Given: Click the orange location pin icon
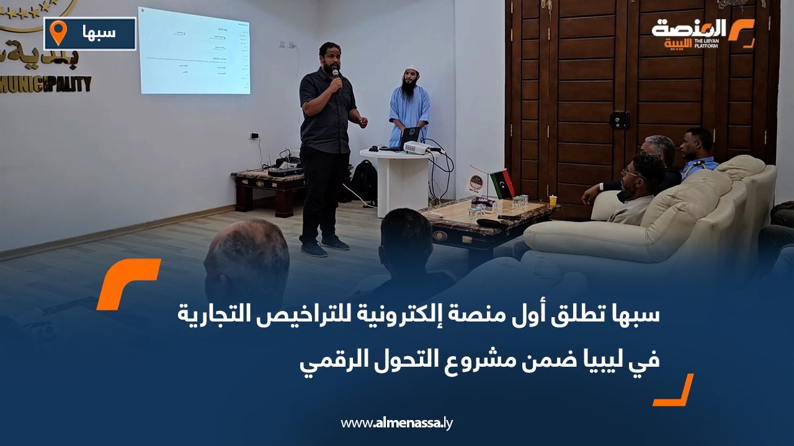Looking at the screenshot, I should point(58,32).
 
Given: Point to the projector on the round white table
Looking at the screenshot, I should point(416,147).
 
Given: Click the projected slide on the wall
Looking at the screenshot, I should point(194,51).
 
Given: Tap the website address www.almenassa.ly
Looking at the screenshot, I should point(397,423).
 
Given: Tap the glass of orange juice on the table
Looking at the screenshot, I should point(553,201).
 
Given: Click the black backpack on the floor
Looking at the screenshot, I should point(365,180).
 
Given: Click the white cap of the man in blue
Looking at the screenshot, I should point(411,71).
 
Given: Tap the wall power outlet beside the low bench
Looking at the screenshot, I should point(254,136).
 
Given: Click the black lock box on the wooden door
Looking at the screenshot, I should point(620,120).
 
